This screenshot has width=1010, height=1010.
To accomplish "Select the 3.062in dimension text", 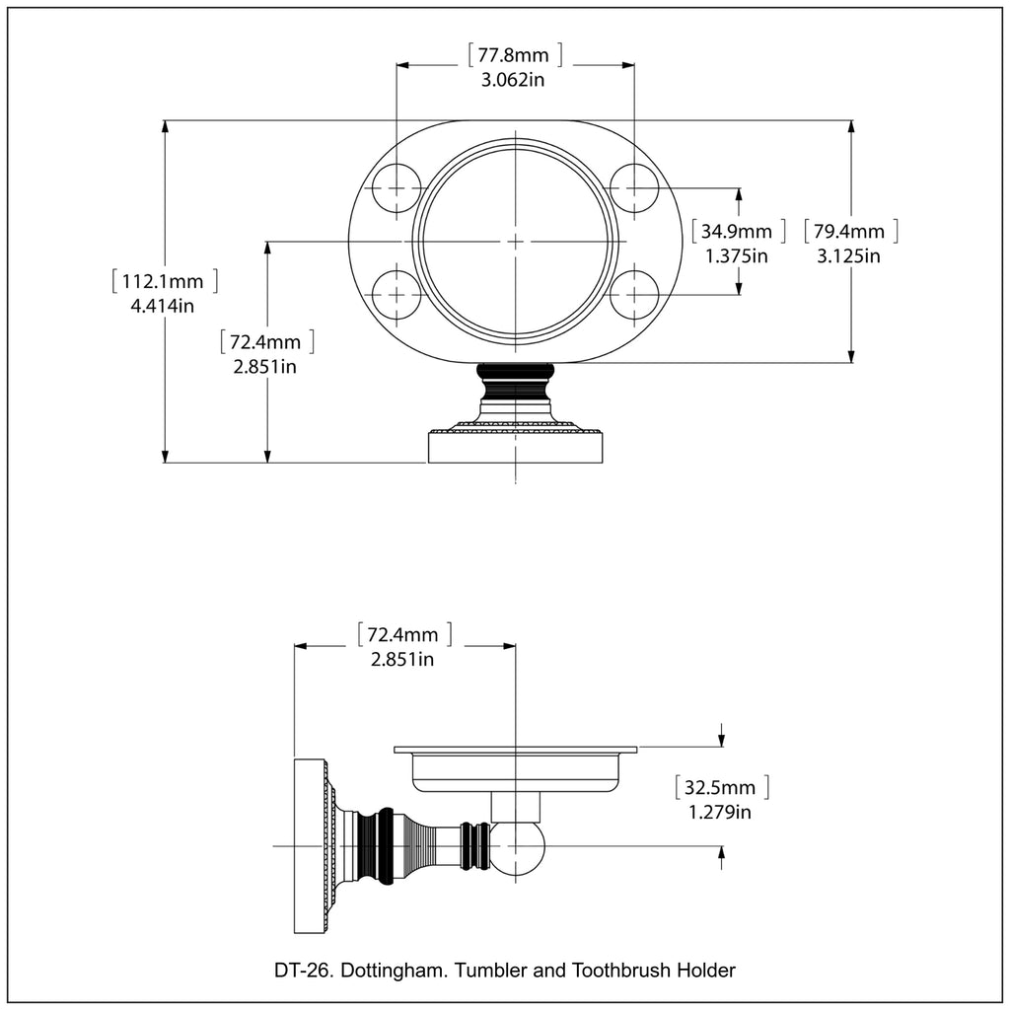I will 513,80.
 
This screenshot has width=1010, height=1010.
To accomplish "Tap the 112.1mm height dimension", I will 165,281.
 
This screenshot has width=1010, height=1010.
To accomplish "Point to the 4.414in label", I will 162,306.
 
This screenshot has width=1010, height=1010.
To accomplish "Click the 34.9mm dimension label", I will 738,233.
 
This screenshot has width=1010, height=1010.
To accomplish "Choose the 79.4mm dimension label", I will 850,233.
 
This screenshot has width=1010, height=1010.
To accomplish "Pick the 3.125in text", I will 848,256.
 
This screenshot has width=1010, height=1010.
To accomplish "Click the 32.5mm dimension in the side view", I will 722,788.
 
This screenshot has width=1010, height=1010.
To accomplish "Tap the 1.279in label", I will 720,813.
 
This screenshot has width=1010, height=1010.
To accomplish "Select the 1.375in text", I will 736,256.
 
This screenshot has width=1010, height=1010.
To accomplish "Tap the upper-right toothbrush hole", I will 634,187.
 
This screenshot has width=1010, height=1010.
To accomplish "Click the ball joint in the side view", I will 516,847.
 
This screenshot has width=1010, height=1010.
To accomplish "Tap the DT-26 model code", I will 301,971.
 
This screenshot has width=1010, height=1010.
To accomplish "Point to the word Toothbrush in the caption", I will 623,971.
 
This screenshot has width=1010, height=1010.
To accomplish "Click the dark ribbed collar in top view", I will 515,374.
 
